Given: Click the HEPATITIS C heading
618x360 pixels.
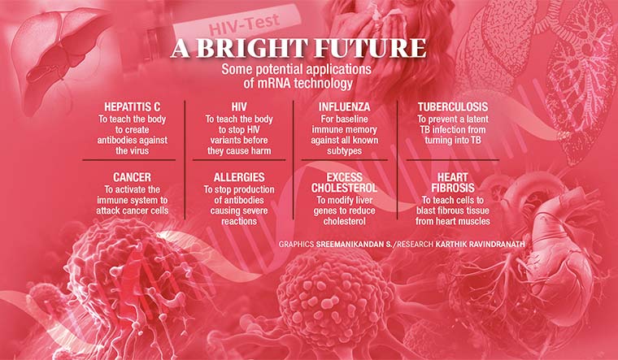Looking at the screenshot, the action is pyautogui.click(x=132, y=106).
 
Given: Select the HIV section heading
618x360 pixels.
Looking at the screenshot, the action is pyautogui.click(x=239, y=106).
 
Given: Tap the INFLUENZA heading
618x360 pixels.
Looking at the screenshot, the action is pyautogui.click(x=344, y=106).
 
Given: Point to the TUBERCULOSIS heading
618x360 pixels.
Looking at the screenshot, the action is pyautogui.click(x=452, y=106).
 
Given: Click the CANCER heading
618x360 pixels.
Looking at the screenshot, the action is pyautogui.click(x=132, y=177).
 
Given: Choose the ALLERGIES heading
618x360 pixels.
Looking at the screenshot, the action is pyautogui.click(x=239, y=177).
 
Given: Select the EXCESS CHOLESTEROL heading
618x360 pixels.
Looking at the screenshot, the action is pyautogui.click(x=344, y=182).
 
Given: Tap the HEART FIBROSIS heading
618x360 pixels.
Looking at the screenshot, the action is pyautogui.click(x=452, y=182).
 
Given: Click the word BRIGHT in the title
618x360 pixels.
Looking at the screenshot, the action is pyautogui.click(x=250, y=48).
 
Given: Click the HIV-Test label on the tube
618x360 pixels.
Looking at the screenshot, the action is pyautogui.click(x=244, y=24).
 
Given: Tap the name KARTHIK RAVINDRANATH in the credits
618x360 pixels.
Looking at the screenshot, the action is pyautogui.click(x=480, y=245).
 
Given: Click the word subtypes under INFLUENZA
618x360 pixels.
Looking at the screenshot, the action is pyautogui.click(x=344, y=151).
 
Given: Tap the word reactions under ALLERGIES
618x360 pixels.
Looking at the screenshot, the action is pyautogui.click(x=239, y=221).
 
